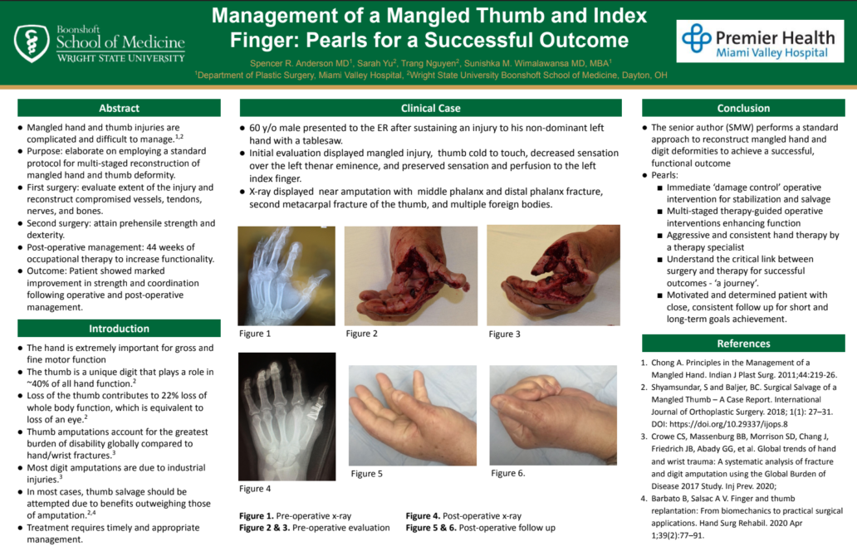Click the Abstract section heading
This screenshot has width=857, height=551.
coord(119,108)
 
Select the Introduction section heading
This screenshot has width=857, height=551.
coord(119,329)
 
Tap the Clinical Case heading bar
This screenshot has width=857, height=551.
coord(431,108)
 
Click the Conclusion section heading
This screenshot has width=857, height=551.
coord(743,108)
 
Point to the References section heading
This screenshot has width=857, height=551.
coord(743,344)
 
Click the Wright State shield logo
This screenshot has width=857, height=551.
coord(32,42)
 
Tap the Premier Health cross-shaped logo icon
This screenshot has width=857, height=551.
coord(696,38)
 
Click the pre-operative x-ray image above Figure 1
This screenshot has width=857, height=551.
coord(286,275)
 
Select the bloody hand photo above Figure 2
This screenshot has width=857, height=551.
coord(411,275)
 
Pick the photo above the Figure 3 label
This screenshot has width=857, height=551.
coord(553,275)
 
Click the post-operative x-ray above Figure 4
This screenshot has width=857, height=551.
coord(287,417)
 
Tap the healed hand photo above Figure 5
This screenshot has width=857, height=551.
coord(413,416)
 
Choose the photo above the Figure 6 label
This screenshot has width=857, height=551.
coord(553,416)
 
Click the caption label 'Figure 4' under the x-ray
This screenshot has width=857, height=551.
coord(255,489)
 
